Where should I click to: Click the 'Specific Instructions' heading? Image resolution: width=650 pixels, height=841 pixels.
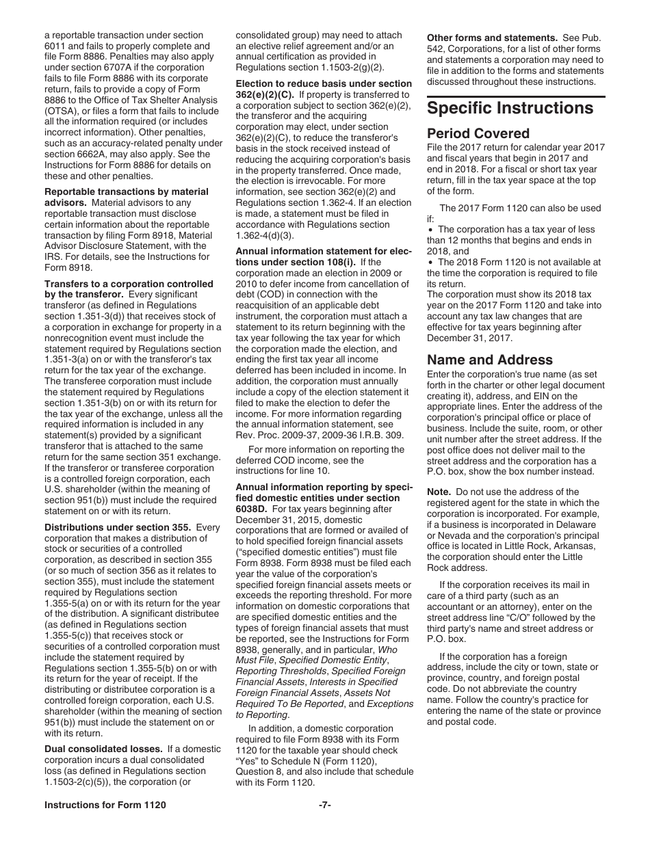(x=510, y=109)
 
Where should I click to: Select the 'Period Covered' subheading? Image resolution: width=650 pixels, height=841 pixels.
(x=478, y=133)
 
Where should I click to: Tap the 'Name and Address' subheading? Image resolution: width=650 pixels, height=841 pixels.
(x=489, y=360)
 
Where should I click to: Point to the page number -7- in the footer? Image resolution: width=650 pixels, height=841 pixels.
(x=324, y=805)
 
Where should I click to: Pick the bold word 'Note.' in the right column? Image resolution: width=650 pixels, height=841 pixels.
(x=439, y=492)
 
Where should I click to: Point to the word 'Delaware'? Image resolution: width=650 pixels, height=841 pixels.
(x=579, y=524)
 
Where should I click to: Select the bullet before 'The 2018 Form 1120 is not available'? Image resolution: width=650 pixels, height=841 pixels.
(x=431, y=262)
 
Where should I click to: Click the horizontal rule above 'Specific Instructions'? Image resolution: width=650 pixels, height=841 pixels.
(x=516, y=96)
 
